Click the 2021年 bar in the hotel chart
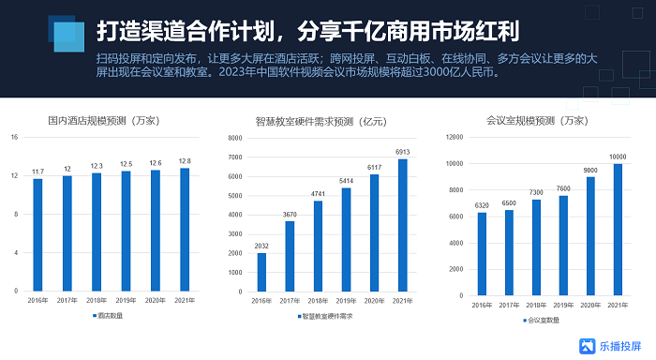click(185, 229)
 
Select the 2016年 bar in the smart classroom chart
click(261, 272)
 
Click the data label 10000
click(618, 157)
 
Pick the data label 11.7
click(38, 172)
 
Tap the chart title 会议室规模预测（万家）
click(538, 120)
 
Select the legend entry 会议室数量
click(541, 320)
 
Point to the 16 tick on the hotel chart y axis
click(14, 138)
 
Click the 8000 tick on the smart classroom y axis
click(234, 138)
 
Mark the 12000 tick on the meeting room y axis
click(454, 138)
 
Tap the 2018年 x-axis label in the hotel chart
click(97, 301)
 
